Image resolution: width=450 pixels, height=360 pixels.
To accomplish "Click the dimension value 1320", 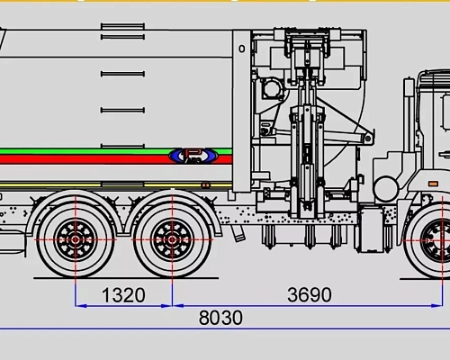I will pos(122,294).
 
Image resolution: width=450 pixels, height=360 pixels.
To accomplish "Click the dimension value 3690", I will pos(308,294).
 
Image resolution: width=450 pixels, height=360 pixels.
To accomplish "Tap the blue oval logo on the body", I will pos(192,156).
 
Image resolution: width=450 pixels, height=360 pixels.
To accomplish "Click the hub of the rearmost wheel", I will pos(76,239).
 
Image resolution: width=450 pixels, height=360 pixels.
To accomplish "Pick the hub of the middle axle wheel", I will pos(170,239).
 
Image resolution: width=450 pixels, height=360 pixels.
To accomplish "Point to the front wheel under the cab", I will pos(438,241).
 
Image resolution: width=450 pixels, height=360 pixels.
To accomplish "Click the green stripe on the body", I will pos(90,150).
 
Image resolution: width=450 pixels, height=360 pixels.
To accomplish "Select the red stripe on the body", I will pos(90,159).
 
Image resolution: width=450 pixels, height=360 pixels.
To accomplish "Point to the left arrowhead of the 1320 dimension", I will pos(78,305).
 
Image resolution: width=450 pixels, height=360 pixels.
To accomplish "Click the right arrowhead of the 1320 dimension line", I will pos(167,305).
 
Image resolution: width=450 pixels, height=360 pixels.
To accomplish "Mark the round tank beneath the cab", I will pos(385,189).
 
